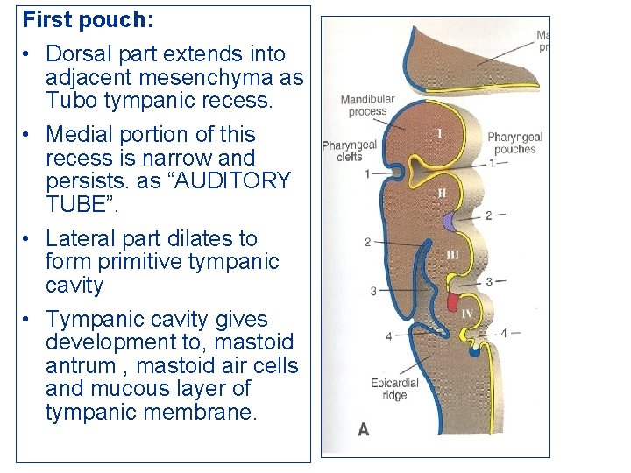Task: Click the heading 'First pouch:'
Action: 78,18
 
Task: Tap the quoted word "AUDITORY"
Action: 235,181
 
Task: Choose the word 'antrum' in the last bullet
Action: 83,365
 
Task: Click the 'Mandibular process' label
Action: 367,105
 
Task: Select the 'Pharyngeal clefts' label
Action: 349,151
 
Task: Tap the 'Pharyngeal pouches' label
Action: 514,143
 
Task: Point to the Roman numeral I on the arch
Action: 439,133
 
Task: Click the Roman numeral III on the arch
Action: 452,254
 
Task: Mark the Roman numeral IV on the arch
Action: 466,313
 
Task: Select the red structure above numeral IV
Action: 453,302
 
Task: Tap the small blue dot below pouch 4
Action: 474,352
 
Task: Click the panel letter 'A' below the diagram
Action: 364,429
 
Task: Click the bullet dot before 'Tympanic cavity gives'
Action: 29,320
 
